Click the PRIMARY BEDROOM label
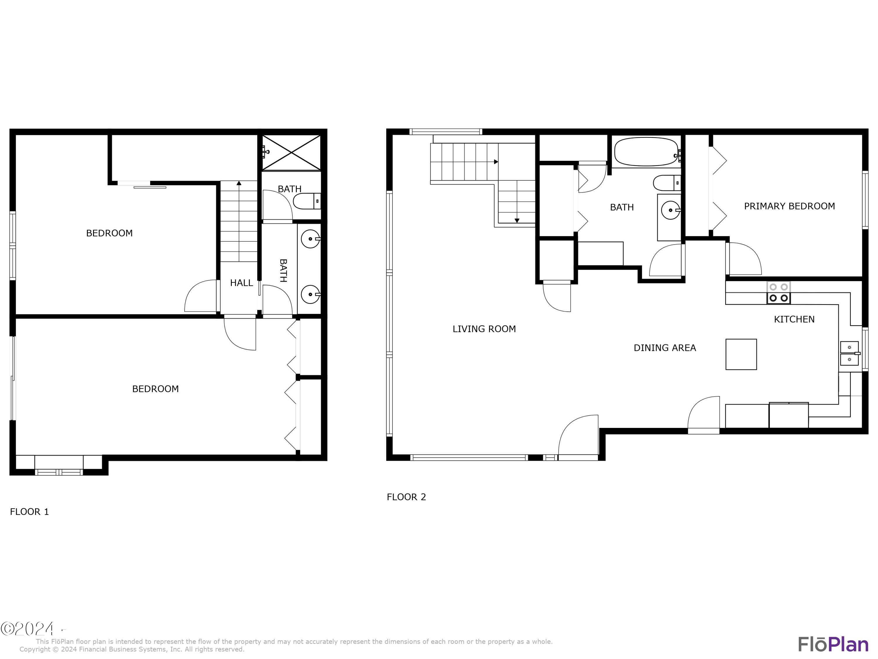click(789, 206)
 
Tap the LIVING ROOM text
click(484, 329)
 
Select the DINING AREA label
click(664, 348)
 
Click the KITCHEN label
click(794, 319)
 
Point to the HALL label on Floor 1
click(241, 283)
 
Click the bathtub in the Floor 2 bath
click(646, 152)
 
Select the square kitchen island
click(741, 354)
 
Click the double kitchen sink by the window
click(849, 353)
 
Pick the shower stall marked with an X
click(291, 153)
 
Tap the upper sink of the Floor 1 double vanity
click(311, 239)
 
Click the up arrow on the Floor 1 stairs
click(239, 183)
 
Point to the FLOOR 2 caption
click(406, 497)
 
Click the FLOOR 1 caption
click(29, 512)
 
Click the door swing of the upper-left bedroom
click(201, 296)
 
